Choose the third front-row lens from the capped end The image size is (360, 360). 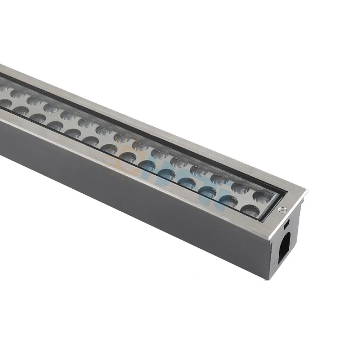pyautogui.click(x=208, y=192)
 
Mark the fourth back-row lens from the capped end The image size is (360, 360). pyautogui.click(x=199, y=170)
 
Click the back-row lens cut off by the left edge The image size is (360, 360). pyautogui.click(x=3, y=87)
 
